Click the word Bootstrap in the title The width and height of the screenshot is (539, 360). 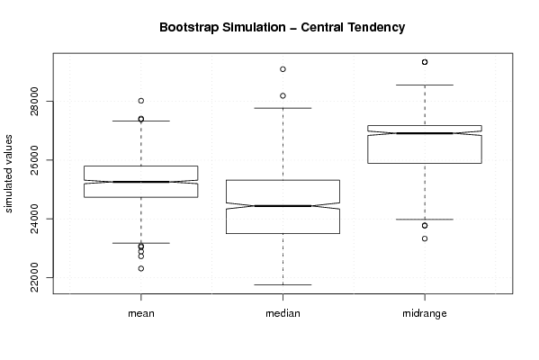click(x=188, y=28)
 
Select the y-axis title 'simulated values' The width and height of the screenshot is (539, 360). click(x=8, y=174)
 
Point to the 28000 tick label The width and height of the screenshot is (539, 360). click(x=34, y=102)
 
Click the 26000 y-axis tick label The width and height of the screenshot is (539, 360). click(x=34, y=160)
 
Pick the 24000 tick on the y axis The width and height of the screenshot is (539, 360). click(x=34, y=219)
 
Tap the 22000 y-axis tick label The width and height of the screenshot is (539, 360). click(x=34, y=277)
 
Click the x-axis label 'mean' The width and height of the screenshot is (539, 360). click(x=141, y=313)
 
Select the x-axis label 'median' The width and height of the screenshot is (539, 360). click(x=283, y=313)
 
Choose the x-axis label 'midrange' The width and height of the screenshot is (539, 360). click(x=425, y=313)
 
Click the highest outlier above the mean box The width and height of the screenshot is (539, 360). click(x=141, y=101)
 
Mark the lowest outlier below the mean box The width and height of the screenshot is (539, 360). click(x=141, y=268)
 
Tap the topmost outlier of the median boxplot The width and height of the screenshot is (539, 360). click(x=283, y=69)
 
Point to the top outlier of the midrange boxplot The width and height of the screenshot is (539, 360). click(x=425, y=62)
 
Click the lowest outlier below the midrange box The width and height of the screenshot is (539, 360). click(x=425, y=238)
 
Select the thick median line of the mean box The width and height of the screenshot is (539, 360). click(x=141, y=182)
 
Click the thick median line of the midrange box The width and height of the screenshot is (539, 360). click(x=425, y=133)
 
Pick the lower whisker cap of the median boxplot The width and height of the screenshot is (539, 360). click(x=283, y=284)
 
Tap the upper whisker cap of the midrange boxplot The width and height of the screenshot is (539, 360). click(x=425, y=85)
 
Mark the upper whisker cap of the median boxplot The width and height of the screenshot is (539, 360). click(x=283, y=108)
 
